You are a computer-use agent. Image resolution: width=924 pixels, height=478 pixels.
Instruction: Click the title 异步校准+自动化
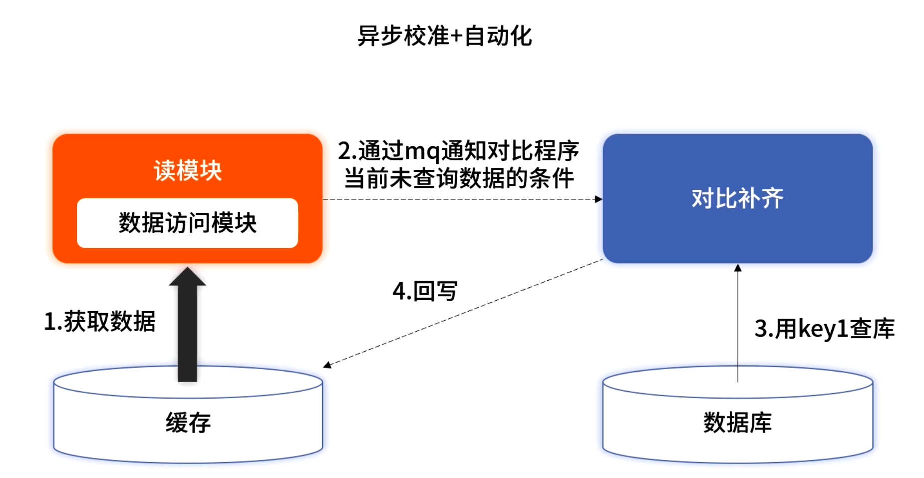(444, 36)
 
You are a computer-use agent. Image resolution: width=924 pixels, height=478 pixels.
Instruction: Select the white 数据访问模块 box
(187, 223)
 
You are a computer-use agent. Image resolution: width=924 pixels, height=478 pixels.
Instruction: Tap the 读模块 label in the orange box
(187, 170)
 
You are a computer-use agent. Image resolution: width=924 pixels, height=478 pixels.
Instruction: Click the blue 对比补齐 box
(737, 198)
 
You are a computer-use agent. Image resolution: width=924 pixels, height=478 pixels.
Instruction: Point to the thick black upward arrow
(187, 330)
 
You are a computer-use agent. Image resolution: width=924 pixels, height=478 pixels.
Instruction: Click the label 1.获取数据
(100, 321)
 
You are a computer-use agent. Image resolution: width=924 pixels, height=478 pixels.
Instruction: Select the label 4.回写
(425, 291)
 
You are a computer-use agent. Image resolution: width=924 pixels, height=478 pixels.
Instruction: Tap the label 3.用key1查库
(824, 329)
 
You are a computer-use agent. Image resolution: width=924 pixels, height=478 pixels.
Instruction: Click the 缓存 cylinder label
(188, 423)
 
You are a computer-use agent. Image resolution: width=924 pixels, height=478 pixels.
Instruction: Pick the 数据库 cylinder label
(737, 423)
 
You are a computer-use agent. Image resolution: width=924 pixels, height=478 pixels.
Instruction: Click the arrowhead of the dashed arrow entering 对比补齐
(599, 199)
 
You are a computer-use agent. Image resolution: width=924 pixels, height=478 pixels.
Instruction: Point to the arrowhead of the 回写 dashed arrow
(327, 365)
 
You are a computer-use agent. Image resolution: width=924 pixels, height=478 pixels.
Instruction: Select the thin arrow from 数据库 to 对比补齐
(738, 325)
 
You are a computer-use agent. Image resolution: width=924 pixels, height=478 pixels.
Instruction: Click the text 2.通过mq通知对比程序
(458, 151)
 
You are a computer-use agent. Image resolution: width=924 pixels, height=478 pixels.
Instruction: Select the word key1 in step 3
(823, 329)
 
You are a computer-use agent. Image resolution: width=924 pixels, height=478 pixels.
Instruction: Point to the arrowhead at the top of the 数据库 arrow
(738, 268)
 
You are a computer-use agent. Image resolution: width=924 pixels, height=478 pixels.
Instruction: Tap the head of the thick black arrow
(187, 276)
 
